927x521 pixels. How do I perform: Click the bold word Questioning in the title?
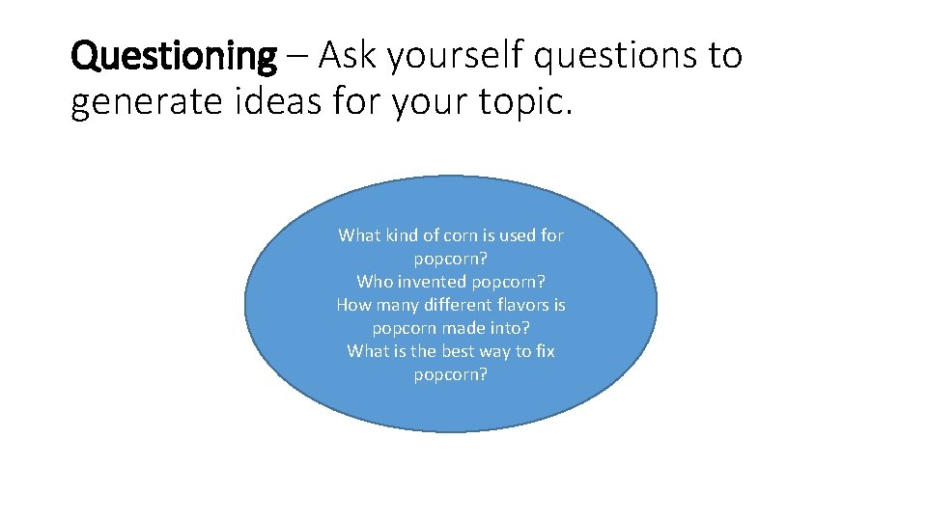pyautogui.click(x=174, y=57)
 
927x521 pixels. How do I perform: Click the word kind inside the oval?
pyautogui.click(x=400, y=235)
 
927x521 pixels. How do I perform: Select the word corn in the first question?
pyautogui.click(x=458, y=235)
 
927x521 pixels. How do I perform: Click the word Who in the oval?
pyautogui.click(x=374, y=282)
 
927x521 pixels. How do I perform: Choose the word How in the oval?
pyautogui.click(x=352, y=305)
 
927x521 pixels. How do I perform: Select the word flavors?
pyautogui.click(x=527, y=305)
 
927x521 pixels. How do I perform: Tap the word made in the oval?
pyautogui.click(x=460, y=328)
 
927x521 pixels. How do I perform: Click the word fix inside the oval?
pyautogui.click(x=546, y=351)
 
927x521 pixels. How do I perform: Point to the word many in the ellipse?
pyautogui.click(x=396, y=305)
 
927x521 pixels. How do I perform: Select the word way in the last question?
pyautogui.click(x=494, y=351)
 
